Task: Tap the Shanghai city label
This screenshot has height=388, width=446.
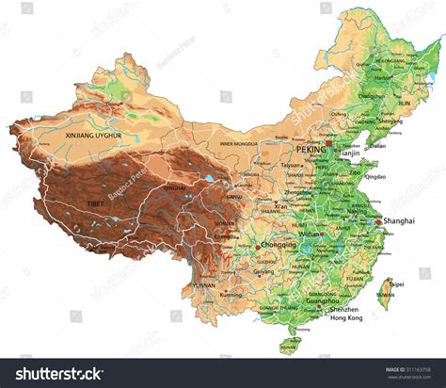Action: coord(399,223)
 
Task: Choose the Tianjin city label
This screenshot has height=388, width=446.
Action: coord(350,153)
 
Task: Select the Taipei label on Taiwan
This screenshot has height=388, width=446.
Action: coord(396,283)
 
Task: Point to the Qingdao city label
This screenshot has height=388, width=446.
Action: coord(374,176)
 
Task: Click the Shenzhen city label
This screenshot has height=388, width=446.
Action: coord(344,309)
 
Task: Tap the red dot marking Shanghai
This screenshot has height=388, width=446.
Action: coord(375,223)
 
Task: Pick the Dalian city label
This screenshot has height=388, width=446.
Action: coord(376,146)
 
